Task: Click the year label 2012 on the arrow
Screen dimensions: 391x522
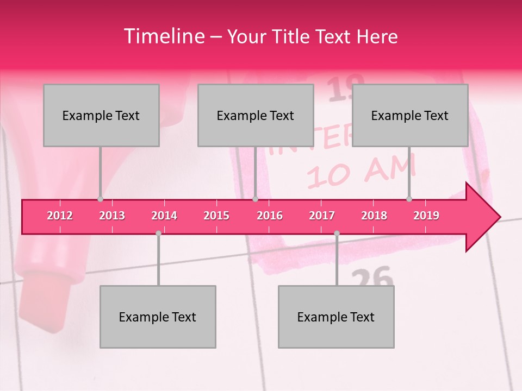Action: pos(60,216)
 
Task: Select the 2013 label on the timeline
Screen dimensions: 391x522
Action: pos(112,216)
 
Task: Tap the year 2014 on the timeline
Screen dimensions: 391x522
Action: pos(164,216)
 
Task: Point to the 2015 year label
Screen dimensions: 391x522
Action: pos(216,216)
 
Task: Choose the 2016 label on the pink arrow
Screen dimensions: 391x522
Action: pos(270,216)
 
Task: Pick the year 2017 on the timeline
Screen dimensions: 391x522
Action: pos(322,216)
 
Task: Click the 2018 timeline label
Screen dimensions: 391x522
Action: pos(374,216)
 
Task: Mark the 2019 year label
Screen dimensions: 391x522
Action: pos(426,216)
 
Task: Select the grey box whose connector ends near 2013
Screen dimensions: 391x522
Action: pos(101,115)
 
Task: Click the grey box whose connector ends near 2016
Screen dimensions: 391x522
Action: pos(256,115)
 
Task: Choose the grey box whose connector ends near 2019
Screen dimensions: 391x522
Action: pos(410,115)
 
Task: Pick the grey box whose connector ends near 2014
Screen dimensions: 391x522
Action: pos(158,317)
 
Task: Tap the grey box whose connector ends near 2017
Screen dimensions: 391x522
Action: pos(336,317)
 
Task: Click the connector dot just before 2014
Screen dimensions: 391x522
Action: pos(158,233)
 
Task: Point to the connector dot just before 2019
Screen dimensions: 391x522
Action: pos(409,199)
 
